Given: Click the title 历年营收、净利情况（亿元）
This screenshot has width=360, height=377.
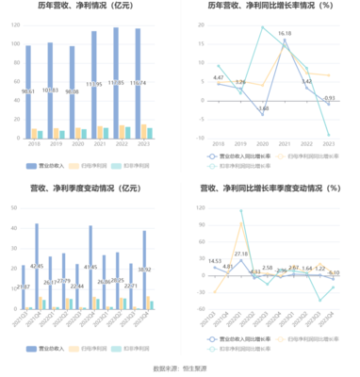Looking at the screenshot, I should click(89, 8).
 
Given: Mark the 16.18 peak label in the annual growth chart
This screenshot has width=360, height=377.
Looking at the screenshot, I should click(284, 34).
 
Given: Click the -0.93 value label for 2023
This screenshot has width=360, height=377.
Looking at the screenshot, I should click(329, 98).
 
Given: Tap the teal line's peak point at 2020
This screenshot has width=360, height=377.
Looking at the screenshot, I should click(263, 27).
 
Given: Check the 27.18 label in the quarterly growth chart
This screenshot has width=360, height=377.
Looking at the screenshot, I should click(242, 254).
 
